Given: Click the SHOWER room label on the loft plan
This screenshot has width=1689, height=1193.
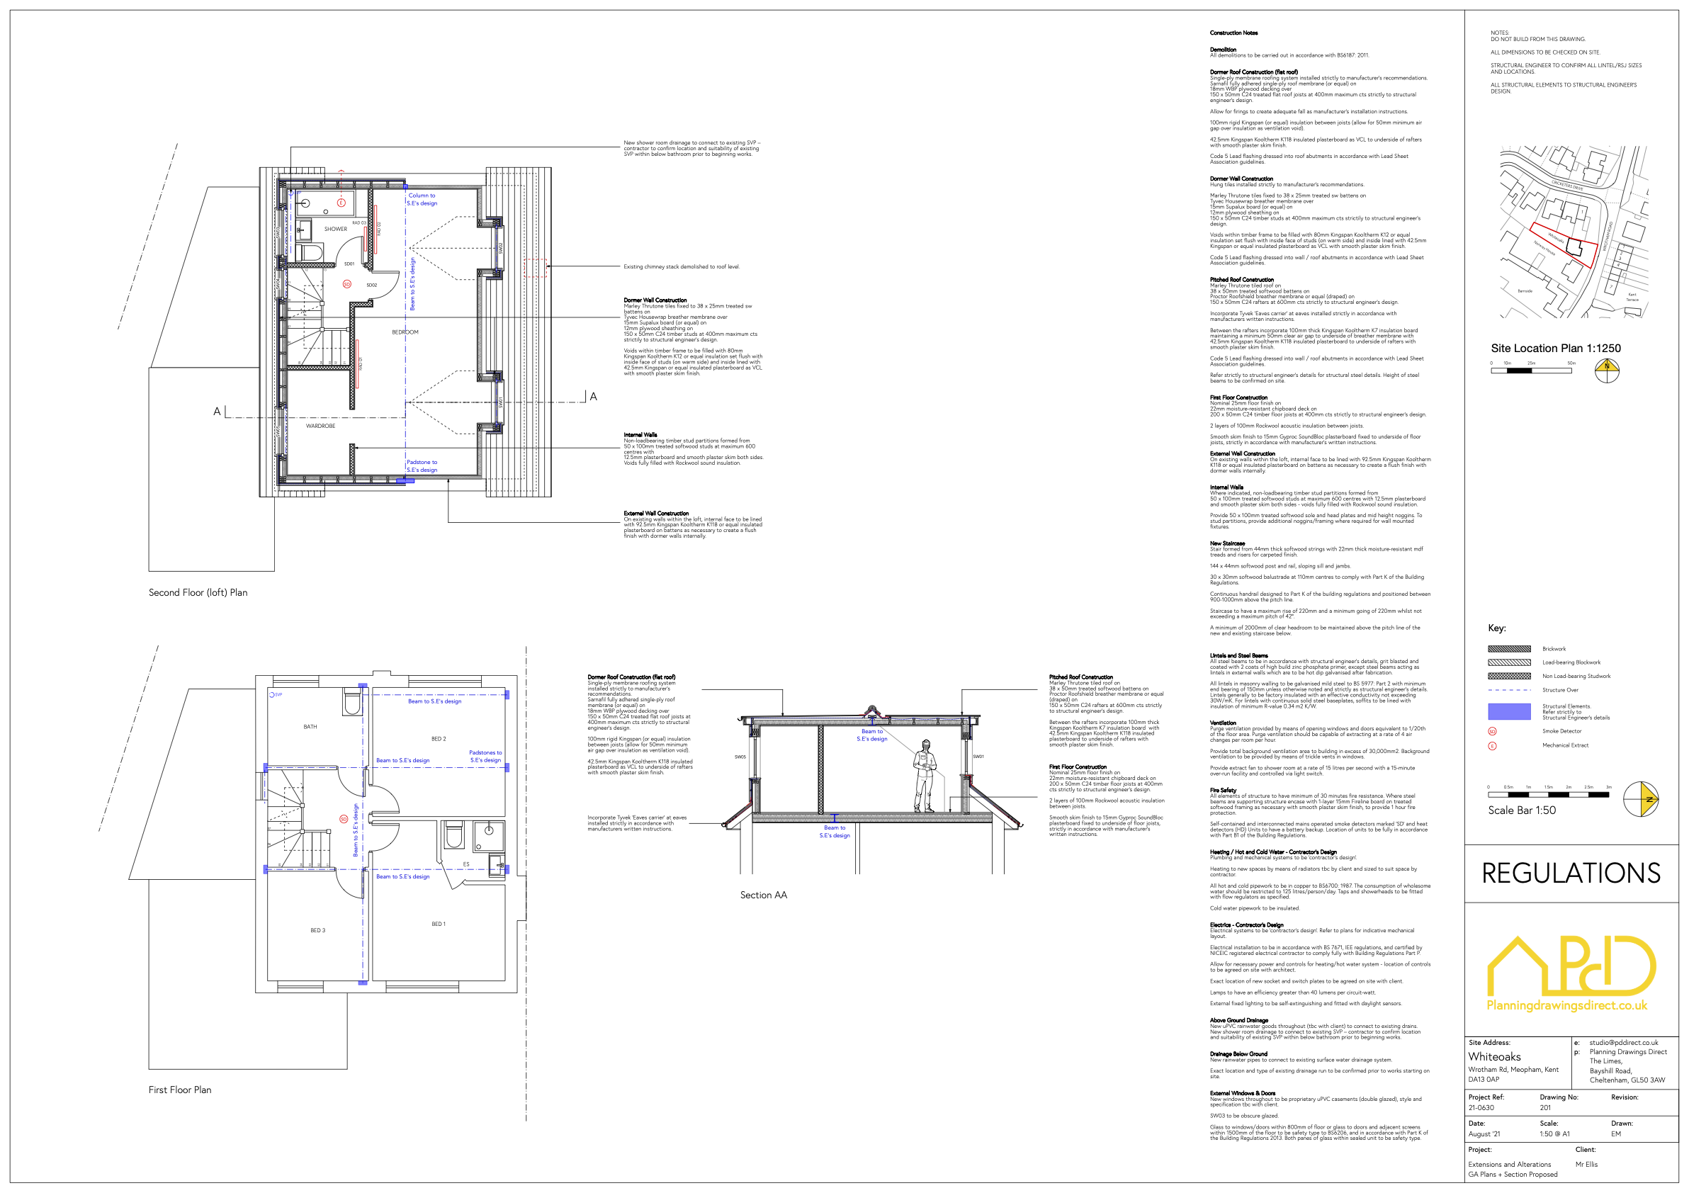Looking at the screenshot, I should pos(335,229).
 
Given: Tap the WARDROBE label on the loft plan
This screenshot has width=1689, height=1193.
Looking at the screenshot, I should pos(321,426).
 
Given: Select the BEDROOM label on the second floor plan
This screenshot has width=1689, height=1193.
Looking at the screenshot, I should pos(405,332).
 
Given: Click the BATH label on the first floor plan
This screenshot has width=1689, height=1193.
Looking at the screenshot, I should pos(310,727).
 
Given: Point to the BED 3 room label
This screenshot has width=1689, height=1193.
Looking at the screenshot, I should pos(318,930).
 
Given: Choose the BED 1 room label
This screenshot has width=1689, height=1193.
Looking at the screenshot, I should pos(439,924).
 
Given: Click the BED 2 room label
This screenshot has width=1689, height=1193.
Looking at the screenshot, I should pos(439,738).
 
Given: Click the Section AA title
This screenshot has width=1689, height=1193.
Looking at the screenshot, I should pos(763,895).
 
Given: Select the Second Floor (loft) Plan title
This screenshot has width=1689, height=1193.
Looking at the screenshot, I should pos(198,592).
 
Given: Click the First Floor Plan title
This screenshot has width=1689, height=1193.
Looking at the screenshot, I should pos(179,1090).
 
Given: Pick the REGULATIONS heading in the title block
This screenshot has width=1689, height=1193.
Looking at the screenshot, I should pos(1571,873).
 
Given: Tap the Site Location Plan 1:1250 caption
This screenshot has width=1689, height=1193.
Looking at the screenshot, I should pos(1555,348).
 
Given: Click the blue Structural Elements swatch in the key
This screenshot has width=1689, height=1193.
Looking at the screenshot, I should pos(1509,711).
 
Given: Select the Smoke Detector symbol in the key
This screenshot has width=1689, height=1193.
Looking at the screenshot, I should pos(1492,731).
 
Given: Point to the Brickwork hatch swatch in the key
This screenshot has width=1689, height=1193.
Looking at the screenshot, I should pos(1509,649).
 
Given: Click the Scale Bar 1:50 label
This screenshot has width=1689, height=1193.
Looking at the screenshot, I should pos(1521,810).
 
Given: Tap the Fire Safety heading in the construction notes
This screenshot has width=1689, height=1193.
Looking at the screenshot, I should pos(1223,790).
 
